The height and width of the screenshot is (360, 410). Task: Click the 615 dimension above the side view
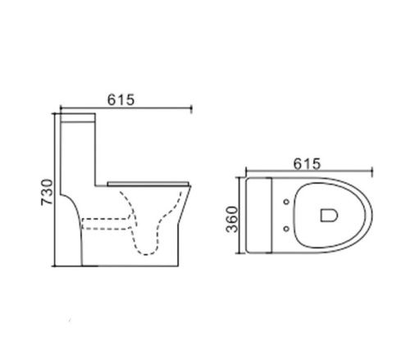(x=121, y=100)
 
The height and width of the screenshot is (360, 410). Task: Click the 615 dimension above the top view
(x=307, y=164)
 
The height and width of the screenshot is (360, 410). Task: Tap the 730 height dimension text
(x=47, y=192)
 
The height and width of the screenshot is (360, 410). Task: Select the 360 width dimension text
(x=232, y=220)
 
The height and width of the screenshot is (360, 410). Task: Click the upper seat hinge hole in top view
(x=286, y=202)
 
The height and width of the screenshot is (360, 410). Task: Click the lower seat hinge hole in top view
(x=286, y=229)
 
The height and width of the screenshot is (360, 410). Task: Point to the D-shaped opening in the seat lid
(x=329, y=215)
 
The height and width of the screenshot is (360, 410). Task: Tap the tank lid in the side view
(x=78, y=117)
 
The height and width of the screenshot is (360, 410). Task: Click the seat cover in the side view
(x=148, y=183)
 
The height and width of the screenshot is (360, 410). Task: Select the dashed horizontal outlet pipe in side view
(x=106, y=223)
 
